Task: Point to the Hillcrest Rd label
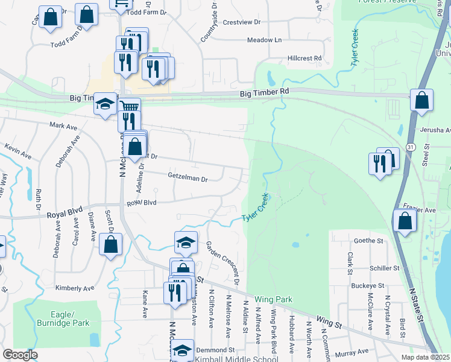(x=304, y=58)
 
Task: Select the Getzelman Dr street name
(x=187, y=179)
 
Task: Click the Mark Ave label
(x=64, y=127)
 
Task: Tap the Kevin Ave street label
(x=18, y=151)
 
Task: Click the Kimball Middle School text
(x=236, y=359)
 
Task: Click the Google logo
(x=20, y=354)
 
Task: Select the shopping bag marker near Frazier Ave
(x=405, y=221)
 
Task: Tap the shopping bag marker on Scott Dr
(x=110, y=244)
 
